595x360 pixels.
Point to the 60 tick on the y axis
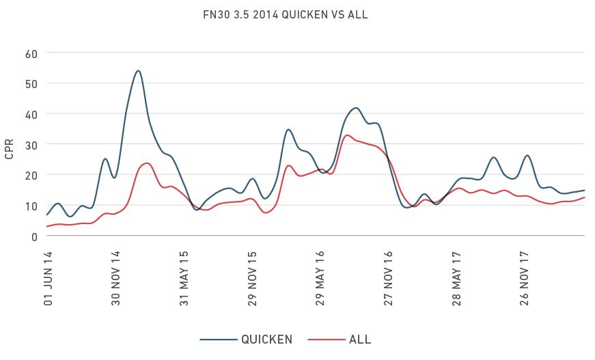[30, 53]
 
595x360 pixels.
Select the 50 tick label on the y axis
[30, 83]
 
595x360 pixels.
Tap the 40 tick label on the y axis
[30, 113]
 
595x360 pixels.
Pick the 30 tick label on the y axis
[30, 144]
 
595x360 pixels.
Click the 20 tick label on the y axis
[30, 175]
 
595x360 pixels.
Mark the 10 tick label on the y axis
[30, 206]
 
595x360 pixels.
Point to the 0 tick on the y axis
[33, 236]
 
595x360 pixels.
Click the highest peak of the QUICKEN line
[138, 70]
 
